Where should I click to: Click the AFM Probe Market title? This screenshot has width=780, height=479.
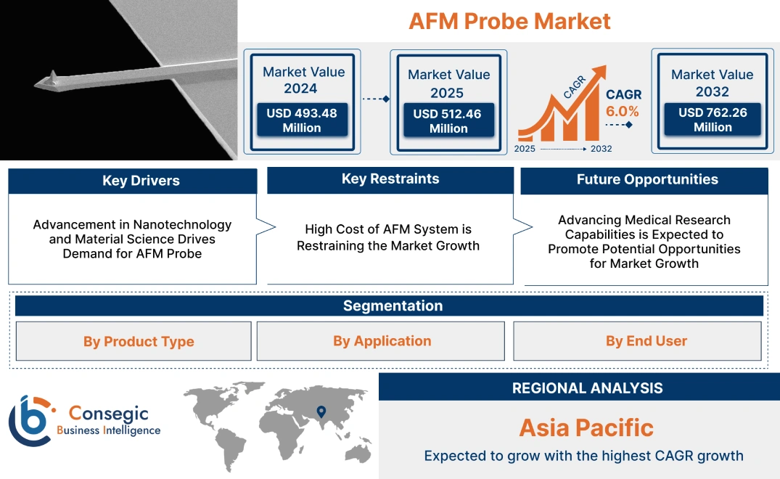click(x=509, y=21)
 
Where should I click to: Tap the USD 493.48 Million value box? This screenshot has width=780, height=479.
click(x=301, y=120)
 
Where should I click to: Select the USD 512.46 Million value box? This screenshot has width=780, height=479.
click(x=448, y=121)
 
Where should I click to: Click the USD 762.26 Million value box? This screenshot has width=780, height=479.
click(x=713, y=120)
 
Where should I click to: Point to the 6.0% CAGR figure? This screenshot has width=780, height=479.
click(x=623, y=111)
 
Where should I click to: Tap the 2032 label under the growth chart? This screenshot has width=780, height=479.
click(x=601, y=149)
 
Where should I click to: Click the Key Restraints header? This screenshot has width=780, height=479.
click(x=390, y=179)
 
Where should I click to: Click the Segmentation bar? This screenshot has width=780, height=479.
click(x=393, y=306)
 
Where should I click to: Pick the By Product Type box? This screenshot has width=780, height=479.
click(x=139, y=341)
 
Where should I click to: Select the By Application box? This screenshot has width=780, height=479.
click(x=382, y=340)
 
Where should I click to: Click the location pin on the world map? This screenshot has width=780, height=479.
click(x=321, y=413)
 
